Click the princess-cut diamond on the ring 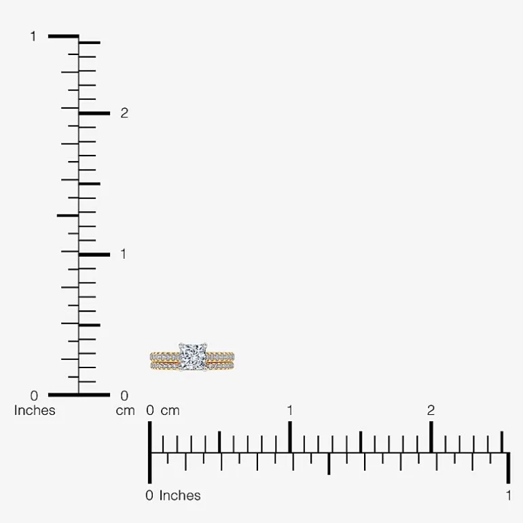tap(193, 357)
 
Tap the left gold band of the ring tap(165, 361)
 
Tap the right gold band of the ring tap(220, 361)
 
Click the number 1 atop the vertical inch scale tap(33, 37)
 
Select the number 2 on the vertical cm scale tap(124, 113)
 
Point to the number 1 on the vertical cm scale tap(124, 254)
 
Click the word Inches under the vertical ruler tap(35, 410)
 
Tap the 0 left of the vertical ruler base tap(34, 396)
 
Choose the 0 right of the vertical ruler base tap(124, 396)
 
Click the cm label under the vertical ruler tap(125, 411)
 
